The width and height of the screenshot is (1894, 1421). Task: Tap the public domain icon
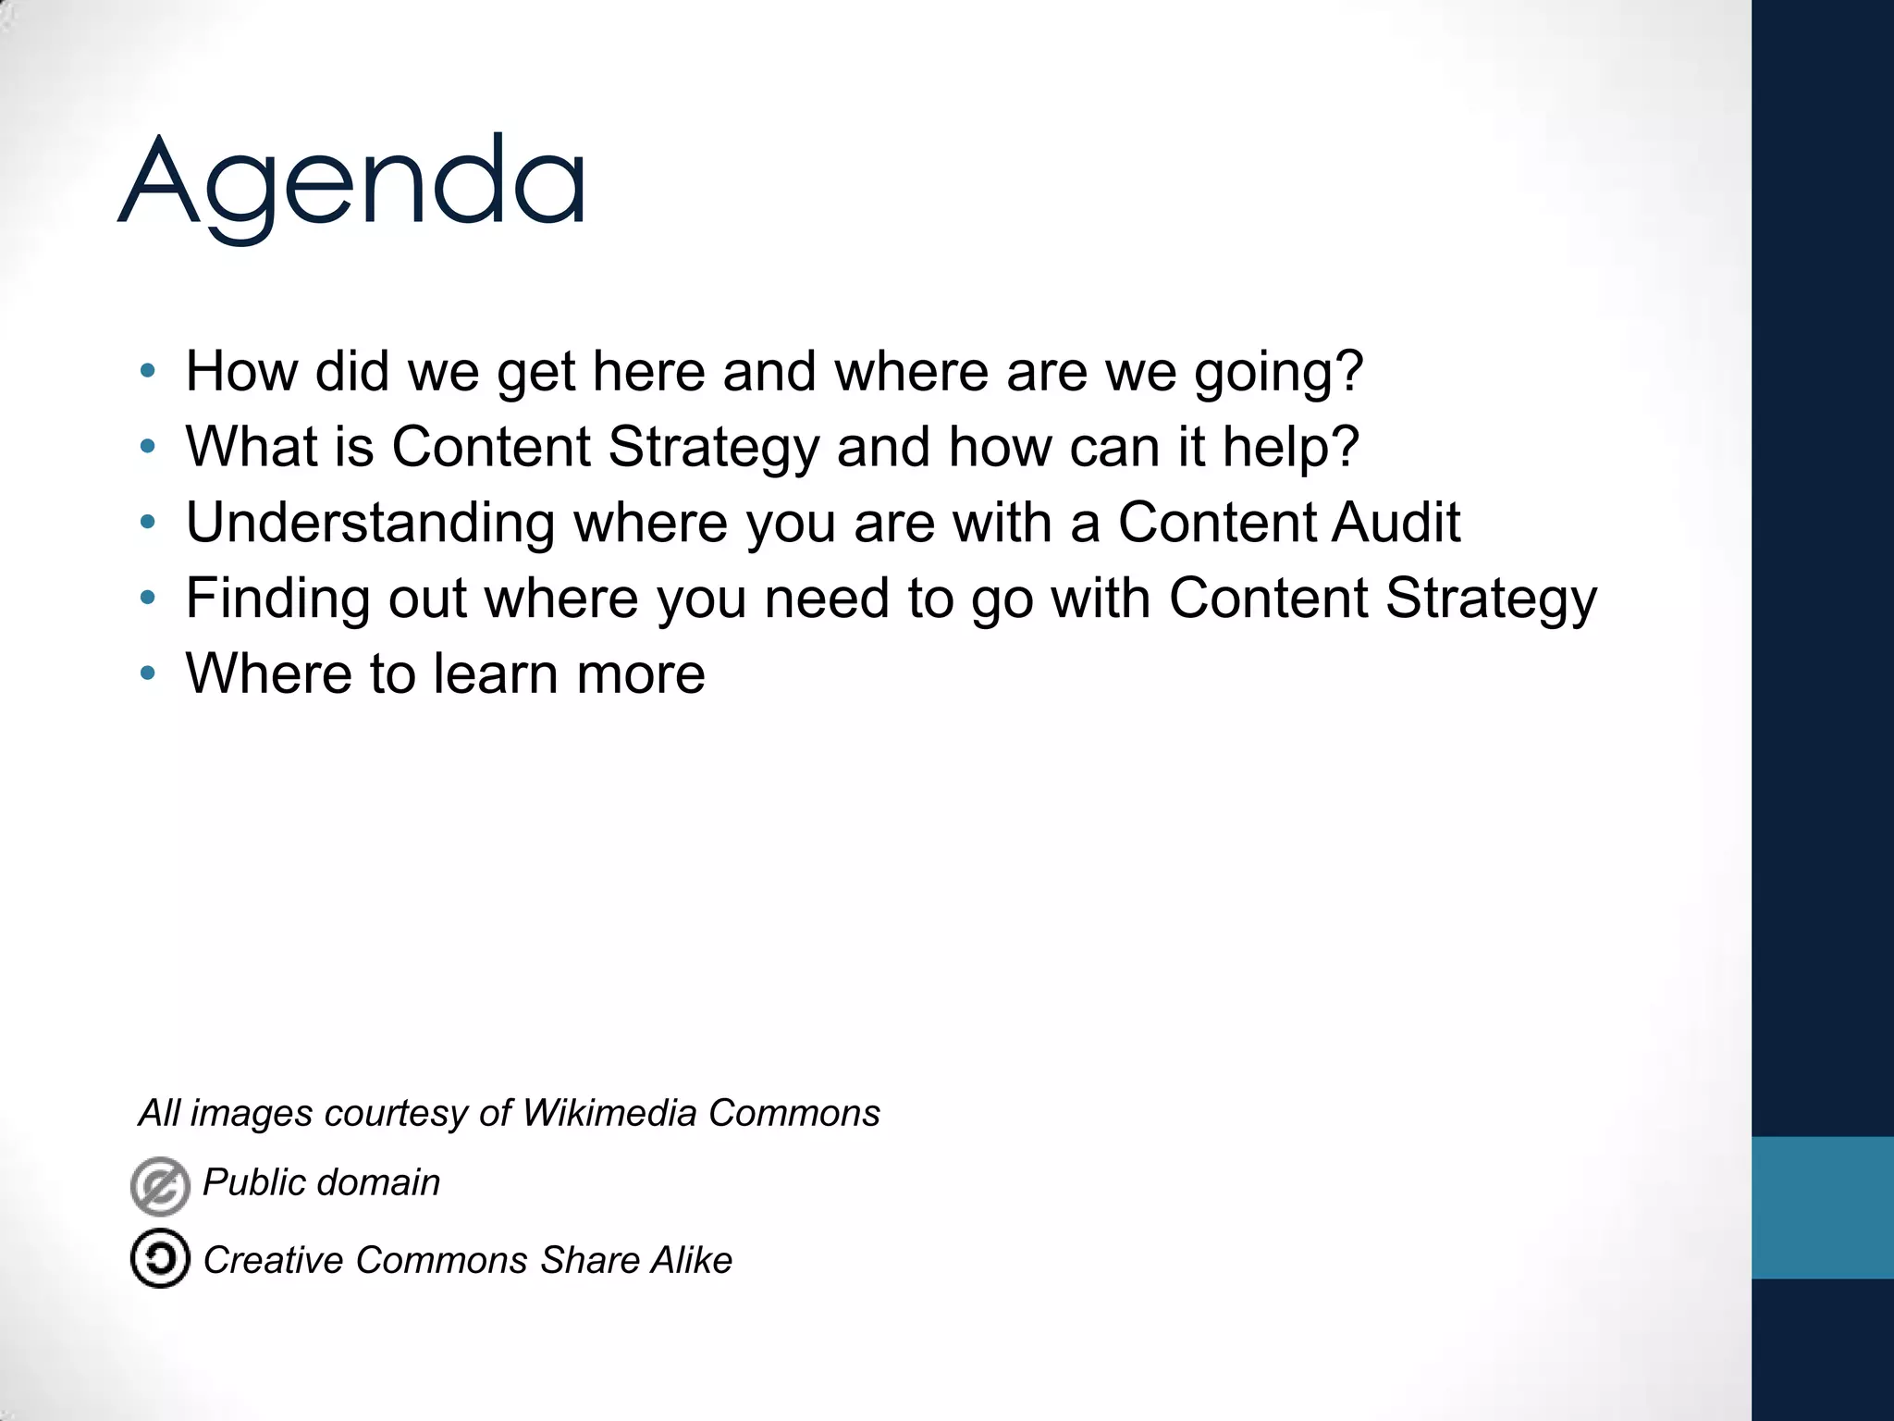[x=160, y=1185]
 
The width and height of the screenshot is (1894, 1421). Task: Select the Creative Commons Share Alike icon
[x=160, y=1258]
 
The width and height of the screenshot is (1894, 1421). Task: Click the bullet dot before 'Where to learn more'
[x=148, y=673]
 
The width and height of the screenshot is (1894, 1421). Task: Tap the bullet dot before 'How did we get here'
[x=148, y=372]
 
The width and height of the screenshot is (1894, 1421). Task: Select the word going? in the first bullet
[x=1278, y=372]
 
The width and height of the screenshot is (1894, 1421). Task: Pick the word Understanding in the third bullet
[x=370, y=523]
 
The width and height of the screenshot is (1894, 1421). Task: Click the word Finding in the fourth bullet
[x=278, y=598]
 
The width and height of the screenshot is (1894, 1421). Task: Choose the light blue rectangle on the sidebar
[x=1822, y=1207]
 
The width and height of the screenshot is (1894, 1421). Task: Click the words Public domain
[x=321, y=1182]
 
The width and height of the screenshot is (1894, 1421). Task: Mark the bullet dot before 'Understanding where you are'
[x=148, y=523]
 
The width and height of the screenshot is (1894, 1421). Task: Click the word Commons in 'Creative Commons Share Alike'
[x=442, y=1260]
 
